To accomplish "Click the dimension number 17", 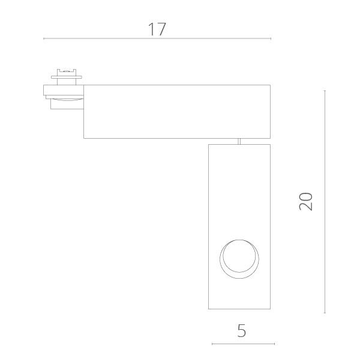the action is (x=157, y=29).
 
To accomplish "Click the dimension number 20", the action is (x=306, y=201).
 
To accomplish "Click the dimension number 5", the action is (x=242, y=330).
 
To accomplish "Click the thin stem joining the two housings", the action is (x=239, y=141).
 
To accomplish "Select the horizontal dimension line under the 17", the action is (x=157, y=38).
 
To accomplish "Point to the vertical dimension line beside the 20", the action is (x=325, y=202).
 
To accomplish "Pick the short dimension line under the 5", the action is (x=243, y=344).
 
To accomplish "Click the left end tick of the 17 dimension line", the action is (x=44, y=38).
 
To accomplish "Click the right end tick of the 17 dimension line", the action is (x=271, y=38).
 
